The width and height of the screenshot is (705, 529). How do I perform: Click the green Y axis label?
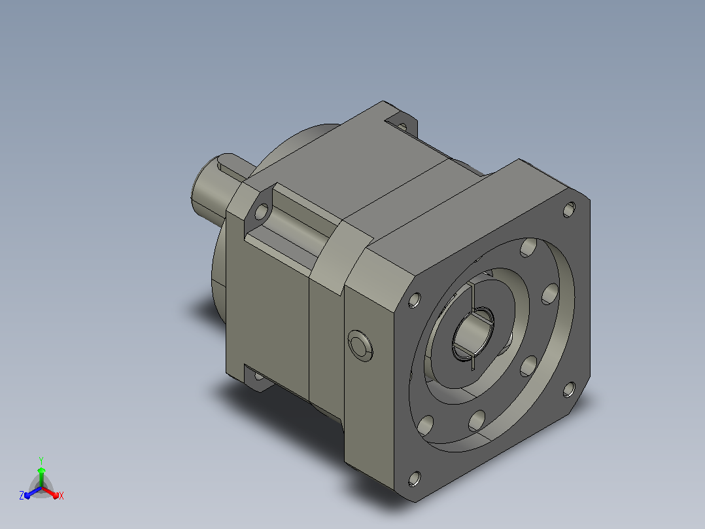point(41,460)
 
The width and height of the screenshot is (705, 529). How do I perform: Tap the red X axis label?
point(61,496)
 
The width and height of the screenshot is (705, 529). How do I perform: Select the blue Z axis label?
point(22,495)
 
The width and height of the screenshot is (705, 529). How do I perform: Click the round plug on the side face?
point(360,346)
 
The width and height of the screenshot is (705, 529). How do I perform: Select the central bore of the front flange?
point(473,333)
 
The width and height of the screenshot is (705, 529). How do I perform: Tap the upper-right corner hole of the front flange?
point(569,210)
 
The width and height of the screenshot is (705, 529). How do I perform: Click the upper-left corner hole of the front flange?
point(415,300)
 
